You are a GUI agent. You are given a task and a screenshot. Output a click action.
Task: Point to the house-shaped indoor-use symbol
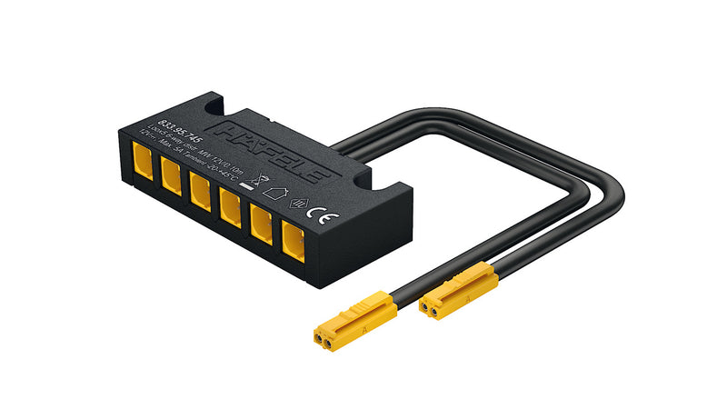click(x=273, y=192)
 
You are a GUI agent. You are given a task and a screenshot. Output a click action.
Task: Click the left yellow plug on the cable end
click(x=354, y=321)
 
